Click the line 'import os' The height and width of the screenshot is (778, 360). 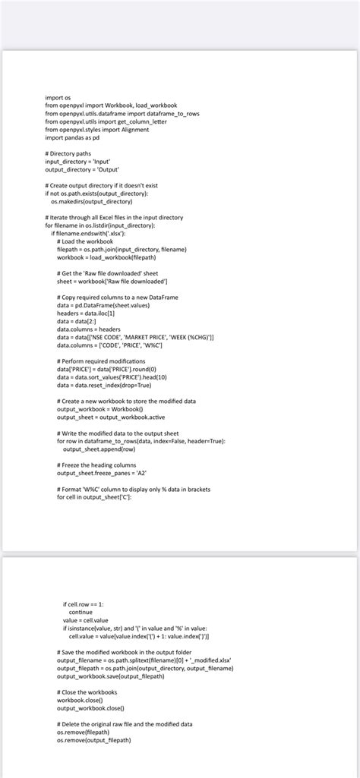(58, 97)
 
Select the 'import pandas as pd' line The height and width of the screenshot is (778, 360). (72, 137)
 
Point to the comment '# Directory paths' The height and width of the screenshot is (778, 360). (68, 153)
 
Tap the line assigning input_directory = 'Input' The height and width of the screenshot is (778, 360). (77, 162)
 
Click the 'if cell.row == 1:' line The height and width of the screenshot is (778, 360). (84, 603)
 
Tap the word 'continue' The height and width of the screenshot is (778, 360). (81, 612)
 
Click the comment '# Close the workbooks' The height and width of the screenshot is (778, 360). (87, 692)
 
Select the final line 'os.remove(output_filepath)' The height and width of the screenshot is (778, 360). (93, 740)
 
